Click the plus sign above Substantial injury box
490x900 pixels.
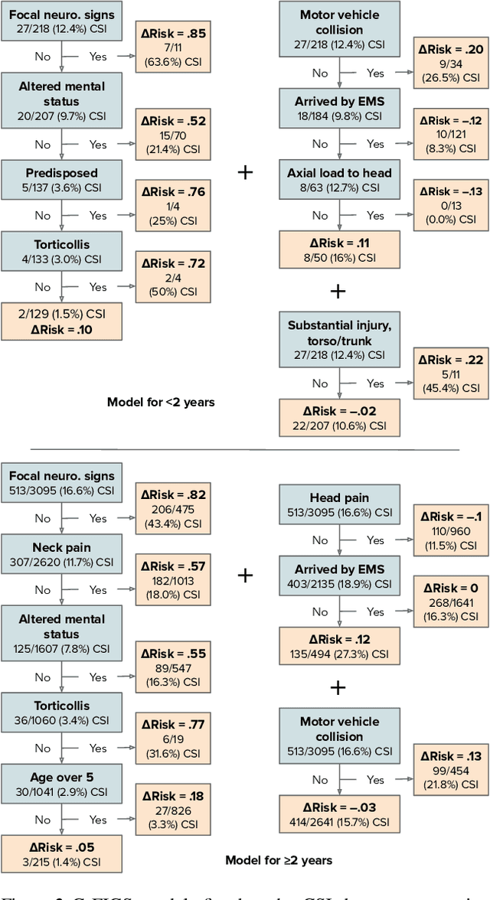pos(337,291)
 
